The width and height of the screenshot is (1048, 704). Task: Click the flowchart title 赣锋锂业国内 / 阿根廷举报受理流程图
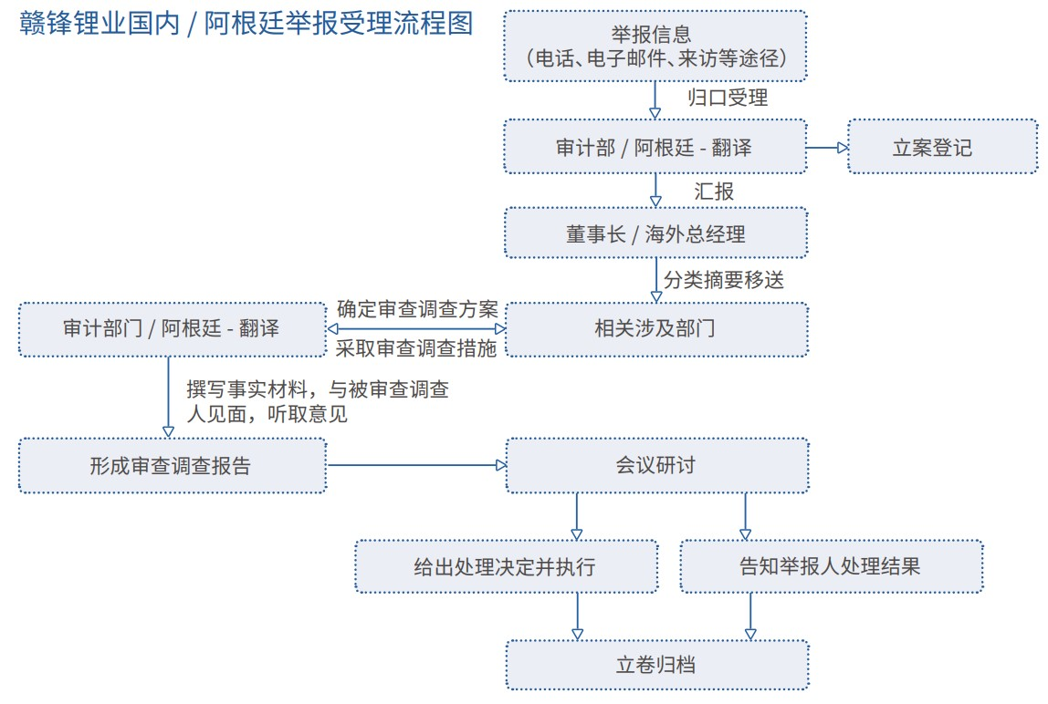246,24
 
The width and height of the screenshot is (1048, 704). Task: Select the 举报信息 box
655,47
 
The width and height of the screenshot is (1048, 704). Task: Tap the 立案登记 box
942,147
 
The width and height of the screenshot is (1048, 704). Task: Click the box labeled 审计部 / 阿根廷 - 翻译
655,147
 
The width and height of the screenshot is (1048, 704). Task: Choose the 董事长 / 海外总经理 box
655,233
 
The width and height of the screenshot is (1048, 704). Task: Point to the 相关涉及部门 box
657,329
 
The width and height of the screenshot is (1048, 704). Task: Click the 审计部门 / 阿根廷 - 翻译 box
173,329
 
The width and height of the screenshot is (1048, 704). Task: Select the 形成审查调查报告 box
173,466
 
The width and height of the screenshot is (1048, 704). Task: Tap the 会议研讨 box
657,466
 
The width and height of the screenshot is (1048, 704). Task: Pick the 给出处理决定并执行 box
507,566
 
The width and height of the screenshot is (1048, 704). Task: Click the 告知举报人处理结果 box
832,566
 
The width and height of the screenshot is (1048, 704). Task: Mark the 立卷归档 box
657,665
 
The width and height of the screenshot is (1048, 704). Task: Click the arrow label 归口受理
728,98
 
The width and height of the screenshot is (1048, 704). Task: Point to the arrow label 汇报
714,192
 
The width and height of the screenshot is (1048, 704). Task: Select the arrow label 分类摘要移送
724,280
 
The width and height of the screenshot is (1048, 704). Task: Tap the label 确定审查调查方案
418,309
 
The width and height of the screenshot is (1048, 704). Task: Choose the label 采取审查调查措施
416,348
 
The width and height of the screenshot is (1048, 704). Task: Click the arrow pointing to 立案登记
827,148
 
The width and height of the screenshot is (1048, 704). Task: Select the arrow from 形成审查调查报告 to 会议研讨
417,466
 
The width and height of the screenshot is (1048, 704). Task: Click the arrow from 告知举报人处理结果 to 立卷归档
750,616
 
